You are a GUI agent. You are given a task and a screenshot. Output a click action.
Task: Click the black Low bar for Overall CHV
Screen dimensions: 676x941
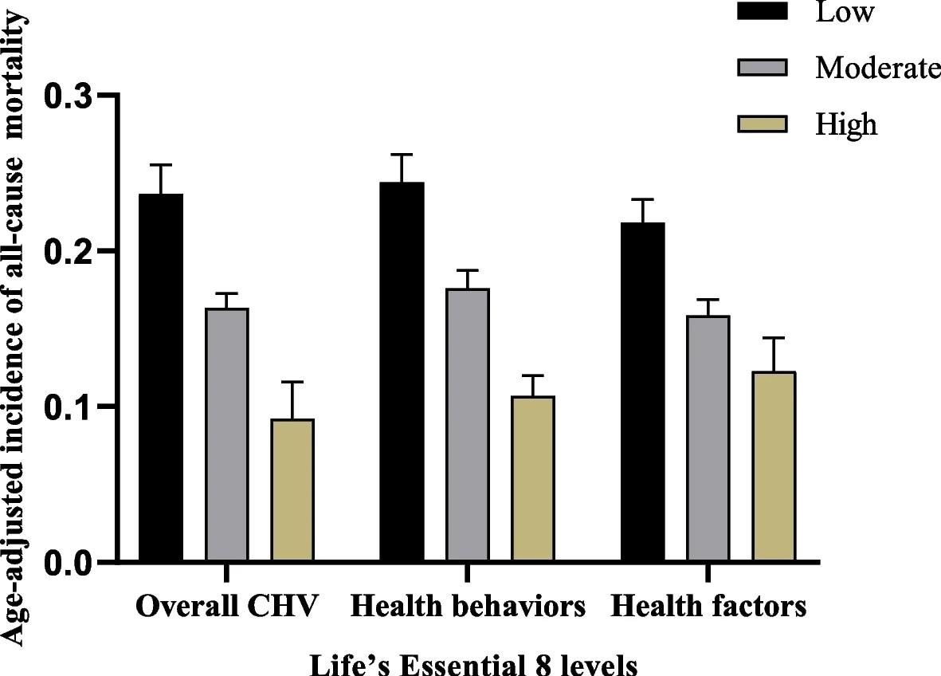click(x=161, y=378)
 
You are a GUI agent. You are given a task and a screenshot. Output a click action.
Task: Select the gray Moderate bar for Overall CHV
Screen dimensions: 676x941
click(x=226, y=435)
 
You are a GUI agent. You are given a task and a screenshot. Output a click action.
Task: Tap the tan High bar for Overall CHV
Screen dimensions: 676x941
click(x=292, y=490)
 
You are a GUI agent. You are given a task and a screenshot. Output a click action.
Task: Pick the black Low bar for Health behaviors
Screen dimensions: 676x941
click(x=402, y=372)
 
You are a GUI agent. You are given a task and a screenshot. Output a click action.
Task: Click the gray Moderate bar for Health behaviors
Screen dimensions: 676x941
click(x=467, y=426)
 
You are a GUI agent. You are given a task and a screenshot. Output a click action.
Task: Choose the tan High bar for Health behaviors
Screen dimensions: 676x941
click(x=533, y=479)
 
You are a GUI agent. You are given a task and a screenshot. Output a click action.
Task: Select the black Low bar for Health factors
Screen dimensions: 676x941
click(x=642, y=392)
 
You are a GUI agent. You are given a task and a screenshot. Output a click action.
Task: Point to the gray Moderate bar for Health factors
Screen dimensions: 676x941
click(x=708, y=439)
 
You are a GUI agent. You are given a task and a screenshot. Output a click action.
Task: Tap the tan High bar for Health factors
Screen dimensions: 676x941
click(x=774, y=466)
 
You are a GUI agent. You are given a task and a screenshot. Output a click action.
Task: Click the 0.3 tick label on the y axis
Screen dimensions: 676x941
click(x=69, y=96)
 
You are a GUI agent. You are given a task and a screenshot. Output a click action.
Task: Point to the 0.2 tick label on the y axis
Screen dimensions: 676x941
click(x=69, y=251)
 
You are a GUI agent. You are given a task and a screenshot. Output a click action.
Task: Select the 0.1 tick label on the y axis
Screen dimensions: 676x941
click(x=69, y=407)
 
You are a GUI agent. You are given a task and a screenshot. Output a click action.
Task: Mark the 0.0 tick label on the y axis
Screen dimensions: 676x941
click(x=69, y=562)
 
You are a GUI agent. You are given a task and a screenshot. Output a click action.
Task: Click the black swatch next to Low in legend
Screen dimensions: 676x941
click(x=763, y=11)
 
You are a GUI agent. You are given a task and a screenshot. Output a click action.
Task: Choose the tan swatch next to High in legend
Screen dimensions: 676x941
click(x=763, y=124)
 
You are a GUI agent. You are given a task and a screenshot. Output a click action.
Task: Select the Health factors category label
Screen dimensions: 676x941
click(x=708, y=607)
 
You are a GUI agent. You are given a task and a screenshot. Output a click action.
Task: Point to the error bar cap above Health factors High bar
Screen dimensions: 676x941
click(x=774, y=338)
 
